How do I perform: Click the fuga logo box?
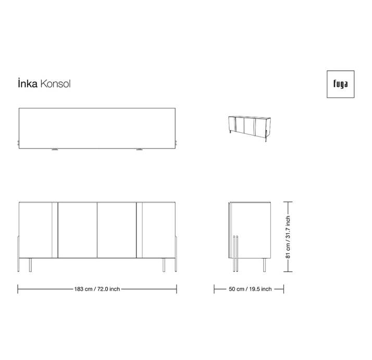[340, 84]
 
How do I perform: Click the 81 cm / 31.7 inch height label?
[288, 237]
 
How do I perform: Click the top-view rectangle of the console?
[97, 128]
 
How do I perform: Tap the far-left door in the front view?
[35, 229]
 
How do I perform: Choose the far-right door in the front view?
[159, 229]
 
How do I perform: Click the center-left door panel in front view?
[77, 230]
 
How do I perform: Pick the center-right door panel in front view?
[117, 230]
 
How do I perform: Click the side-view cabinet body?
[251, 229]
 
